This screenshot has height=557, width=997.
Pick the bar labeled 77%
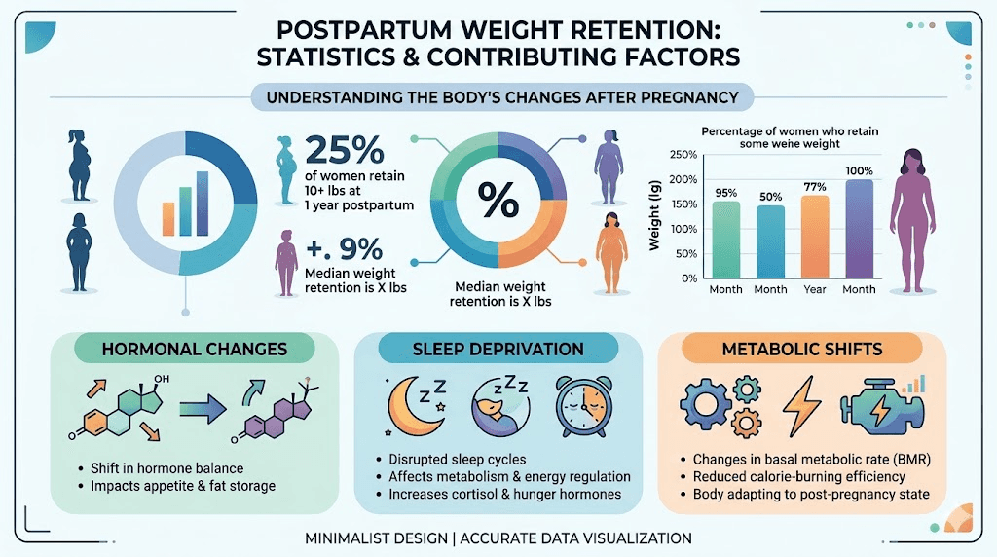click(816, 236)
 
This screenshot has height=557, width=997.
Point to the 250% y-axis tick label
click(684, 155)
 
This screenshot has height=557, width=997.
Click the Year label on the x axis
click(816, 289)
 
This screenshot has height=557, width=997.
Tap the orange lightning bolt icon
click(802, 404)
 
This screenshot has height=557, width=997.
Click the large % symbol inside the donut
click(498, 201)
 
